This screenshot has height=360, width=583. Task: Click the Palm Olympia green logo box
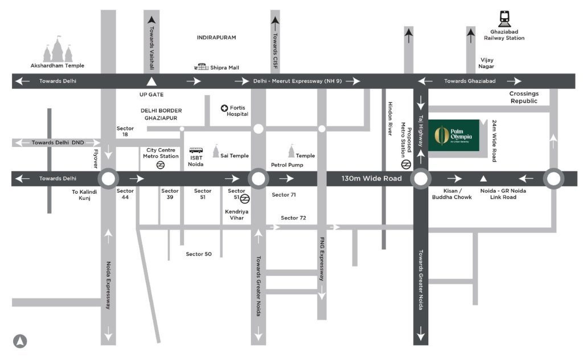point(453,135)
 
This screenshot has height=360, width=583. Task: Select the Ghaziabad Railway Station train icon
point(504,19)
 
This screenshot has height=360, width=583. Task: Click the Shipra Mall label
point(224,68)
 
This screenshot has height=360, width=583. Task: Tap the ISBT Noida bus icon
point(196,152)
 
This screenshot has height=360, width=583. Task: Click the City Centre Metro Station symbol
point(161,165)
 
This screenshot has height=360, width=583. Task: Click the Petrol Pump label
point(286,165)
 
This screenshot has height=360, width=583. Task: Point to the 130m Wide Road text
point(371,179)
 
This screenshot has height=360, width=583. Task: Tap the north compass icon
point(20,341)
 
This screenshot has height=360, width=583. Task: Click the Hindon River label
point(391,118)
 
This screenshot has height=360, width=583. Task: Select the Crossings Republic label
point(523,97)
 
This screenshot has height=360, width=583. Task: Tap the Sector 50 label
point(198,253)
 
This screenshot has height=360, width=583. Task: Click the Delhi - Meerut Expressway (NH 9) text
point(297,81)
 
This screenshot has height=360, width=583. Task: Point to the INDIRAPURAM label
point(216,38)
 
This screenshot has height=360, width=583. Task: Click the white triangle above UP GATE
point(151,81)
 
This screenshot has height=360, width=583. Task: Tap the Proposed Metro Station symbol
point(406,164)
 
